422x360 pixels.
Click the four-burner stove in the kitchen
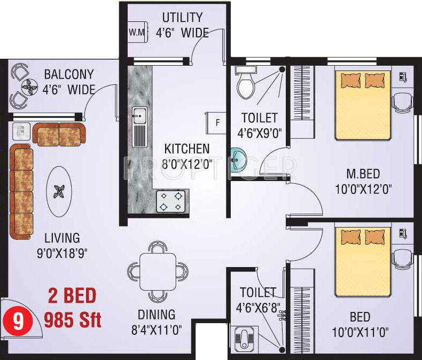pyautogui.click(x=170, y=201)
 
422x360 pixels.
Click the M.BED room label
pyautogui.click(x=364, y=174)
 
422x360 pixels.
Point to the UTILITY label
pyautogui.click(x=183, y=18)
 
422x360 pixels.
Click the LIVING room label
pyautogui.click(x=62, y=238)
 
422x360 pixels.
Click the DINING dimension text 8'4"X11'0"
pyautogui.click(x=157, y=331)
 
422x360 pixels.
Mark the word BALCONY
pyautogui.click(x=68, y=74)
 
